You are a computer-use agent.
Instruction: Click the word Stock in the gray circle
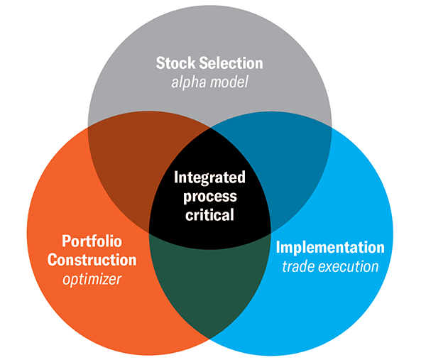pos(175,63)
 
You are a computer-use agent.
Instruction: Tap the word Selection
pos(231,63)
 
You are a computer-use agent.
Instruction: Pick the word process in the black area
pos(210,197)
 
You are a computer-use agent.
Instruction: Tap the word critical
pos(209,214)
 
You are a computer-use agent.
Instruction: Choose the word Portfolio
pos(92,241)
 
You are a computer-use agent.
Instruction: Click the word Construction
pos(92,260)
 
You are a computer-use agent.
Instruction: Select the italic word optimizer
pos(92,279)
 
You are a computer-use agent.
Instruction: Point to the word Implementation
pos(330,247)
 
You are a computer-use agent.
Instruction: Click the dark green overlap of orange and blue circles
pos(209,283)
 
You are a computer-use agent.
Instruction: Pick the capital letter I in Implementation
pos(278,247)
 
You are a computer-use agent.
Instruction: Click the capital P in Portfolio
pos(66,241)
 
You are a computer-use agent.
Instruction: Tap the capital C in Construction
pos(52,260)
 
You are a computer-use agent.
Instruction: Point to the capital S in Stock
pos(160,63)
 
